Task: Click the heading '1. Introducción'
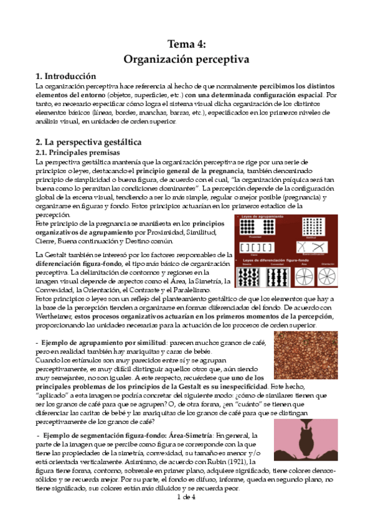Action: click(66, 75)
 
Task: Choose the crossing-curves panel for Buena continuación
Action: click(310, 247)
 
